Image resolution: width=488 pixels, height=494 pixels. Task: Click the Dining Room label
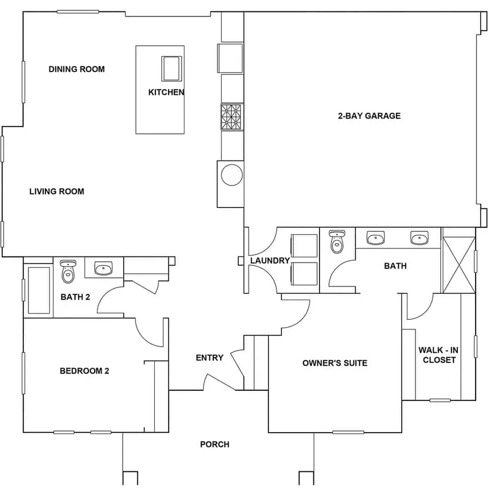point(77,69)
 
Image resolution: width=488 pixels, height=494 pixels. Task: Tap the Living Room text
point(57,191)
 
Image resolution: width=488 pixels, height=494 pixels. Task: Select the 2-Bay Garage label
point(369,116)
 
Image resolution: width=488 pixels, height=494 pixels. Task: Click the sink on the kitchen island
point(171,69)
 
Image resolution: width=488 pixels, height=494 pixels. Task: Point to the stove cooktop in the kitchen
point(232,116)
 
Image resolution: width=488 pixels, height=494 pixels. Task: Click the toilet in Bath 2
point(68,271)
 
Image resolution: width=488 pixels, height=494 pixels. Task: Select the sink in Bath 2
point(103,268)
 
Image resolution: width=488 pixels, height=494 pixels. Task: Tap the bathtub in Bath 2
point(39,290)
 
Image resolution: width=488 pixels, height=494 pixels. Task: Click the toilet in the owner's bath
point(337,242)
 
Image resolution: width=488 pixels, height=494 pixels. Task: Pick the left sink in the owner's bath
point(376,238)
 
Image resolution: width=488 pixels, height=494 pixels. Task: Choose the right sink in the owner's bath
point(419,238)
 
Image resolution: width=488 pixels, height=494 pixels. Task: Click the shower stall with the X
point(459,265)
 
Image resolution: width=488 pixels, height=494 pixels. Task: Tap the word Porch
point(214,444)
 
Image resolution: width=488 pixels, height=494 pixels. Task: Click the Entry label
point(209,357)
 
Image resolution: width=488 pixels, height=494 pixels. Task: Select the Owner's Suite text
point(335,363)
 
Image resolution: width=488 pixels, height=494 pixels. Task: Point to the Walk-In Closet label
point(439,354)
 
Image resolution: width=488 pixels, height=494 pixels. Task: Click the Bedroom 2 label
point(85,371)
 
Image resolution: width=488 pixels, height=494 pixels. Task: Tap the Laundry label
point(270,260)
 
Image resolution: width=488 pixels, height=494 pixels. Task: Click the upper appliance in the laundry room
point(304,246)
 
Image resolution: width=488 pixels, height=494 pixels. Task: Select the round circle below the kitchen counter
point(232,175)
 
